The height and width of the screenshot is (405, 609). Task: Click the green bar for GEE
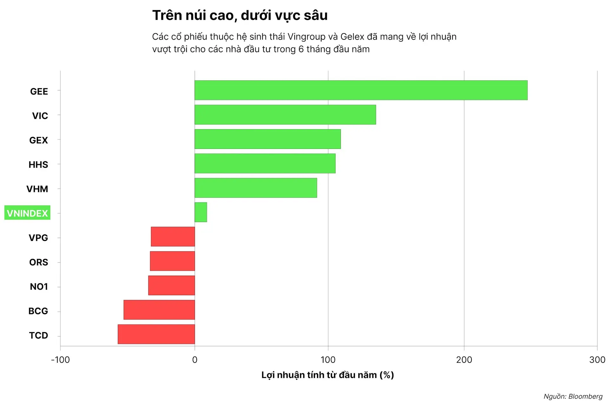coord(361,90)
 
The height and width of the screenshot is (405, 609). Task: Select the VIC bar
coord(285,115)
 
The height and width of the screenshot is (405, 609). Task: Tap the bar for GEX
coord(267,139)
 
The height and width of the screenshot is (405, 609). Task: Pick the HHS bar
coord(265,163)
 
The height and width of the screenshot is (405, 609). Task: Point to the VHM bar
coord(256,188)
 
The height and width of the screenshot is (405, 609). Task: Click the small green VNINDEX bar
coord(201,212)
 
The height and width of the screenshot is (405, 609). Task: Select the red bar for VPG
coord(173,237)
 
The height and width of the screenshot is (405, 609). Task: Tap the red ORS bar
coord(172,261)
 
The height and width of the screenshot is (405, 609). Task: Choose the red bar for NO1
coord(171,285)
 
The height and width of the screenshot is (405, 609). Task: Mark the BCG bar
coord(159,310)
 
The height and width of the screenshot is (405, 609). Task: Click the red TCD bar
coord(156,334)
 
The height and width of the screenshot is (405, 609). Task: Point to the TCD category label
coord(38,335)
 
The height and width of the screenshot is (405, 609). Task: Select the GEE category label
coord(39,92)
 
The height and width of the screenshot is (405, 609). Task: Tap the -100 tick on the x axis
coord(60,360)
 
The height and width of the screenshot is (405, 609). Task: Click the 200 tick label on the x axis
coord(464,360)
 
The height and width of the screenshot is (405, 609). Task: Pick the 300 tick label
coord(597,360)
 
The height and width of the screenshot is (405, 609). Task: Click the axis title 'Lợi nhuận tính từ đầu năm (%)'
coord(327,375)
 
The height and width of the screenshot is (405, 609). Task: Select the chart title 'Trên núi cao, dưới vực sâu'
coord(240,15)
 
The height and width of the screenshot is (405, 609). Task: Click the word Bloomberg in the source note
coord(585,396)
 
